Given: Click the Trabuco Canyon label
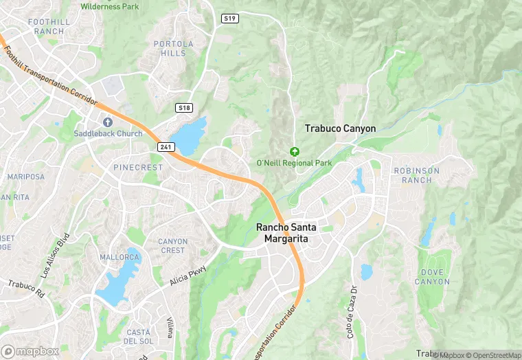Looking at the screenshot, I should tap(340, 128).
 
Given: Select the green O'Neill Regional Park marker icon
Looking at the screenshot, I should tap(295, 151).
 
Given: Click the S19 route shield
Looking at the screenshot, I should tap(230, 19).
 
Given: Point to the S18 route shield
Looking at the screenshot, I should tap(184, 108).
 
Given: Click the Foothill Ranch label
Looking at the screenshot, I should tap(49, 27).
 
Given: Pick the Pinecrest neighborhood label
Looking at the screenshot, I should tap(138, 167).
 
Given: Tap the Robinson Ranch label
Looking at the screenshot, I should tap(416, 175).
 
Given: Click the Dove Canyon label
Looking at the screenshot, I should tap(433, 277).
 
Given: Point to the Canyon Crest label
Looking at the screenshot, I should tap(172, 246).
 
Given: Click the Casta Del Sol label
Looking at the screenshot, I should tap(137, 337).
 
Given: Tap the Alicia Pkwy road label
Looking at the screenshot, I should tap(187, 276).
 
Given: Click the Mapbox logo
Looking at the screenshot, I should tap(30, 351).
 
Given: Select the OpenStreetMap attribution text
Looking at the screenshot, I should tap(493, 355).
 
